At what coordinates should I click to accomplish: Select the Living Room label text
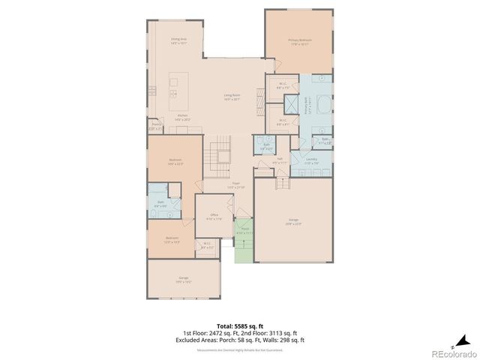232,96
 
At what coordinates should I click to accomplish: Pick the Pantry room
155,127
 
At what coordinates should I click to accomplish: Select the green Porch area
244,247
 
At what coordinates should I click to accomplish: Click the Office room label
214,217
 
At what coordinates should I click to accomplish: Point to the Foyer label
235,184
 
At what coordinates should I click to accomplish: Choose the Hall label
279,160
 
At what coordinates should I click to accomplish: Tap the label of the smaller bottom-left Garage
183,279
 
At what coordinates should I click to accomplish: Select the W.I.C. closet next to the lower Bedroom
208,245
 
